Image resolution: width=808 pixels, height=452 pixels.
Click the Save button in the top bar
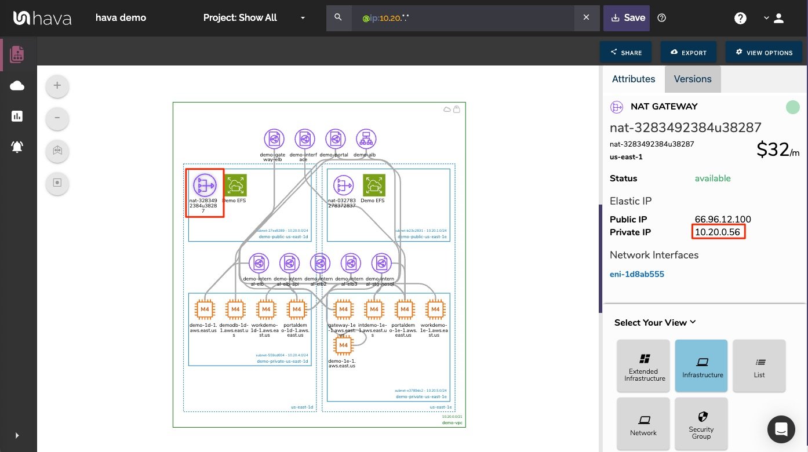(x=627, y=18)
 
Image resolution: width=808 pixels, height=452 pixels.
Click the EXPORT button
(x=688, y=52)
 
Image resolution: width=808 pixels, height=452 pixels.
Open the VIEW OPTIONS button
(x=764, y=52)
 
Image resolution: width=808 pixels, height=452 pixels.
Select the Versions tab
(x=693, y=79)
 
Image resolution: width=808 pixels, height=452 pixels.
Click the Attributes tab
(x=634, y=79)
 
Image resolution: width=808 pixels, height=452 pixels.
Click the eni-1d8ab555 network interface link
(x=637, y=274)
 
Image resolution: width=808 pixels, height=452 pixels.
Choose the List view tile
(x=759, y=366)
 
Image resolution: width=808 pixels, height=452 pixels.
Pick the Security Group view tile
(x=701, y=424)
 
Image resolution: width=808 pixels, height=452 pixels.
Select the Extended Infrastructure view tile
(x=643, y=366)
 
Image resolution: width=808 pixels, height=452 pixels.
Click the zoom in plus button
(x=57, y=86)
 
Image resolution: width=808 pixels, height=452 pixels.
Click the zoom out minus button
(x=57, y=118)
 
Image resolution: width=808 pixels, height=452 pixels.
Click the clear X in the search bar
(x=586, y=18)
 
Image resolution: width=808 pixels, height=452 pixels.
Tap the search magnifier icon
(x=339, y=18)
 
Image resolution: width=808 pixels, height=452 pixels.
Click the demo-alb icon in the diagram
(x=366, y=139)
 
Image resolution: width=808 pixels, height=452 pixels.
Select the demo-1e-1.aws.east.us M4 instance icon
(x=343, y=345)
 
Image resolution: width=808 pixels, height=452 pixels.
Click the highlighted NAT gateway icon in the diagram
(x=205, y=185)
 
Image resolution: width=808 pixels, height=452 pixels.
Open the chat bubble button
(x=781, y=429)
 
